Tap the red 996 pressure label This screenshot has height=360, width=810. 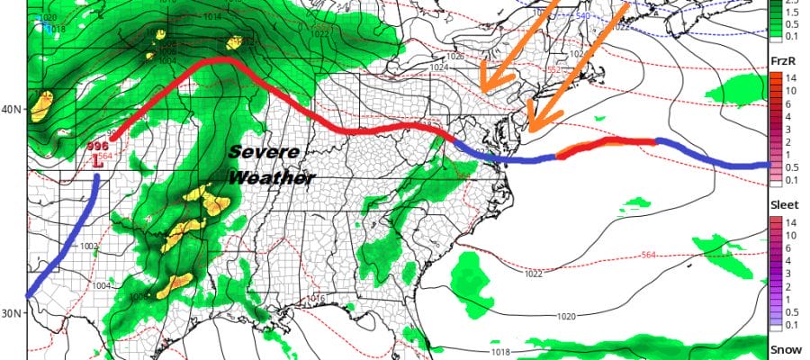click(97, 146)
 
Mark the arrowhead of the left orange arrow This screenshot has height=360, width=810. click(481, 89)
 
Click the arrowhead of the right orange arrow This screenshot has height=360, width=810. click(528, 131)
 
